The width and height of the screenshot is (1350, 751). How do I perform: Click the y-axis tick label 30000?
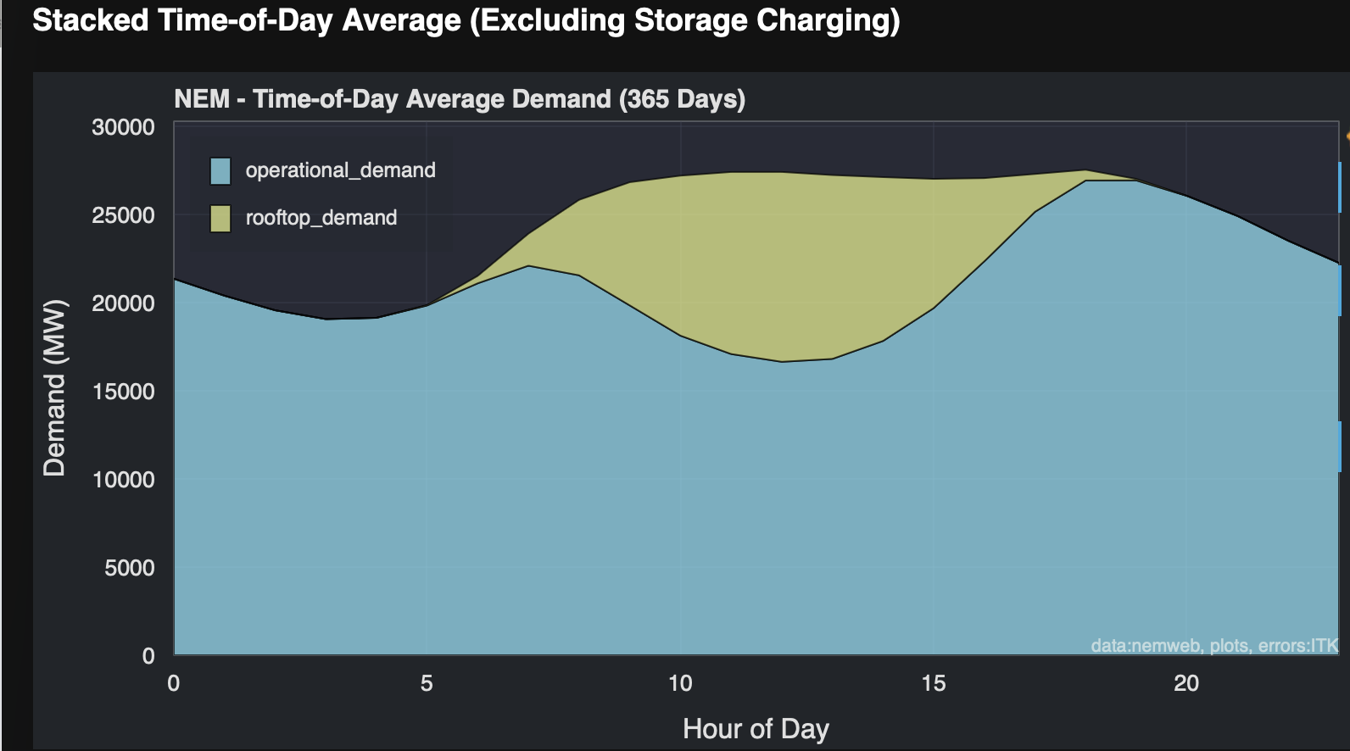123,127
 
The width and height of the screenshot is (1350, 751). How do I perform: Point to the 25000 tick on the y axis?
123,215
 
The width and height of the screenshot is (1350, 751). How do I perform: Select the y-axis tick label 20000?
123,303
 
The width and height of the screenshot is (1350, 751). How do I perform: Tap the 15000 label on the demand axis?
123,392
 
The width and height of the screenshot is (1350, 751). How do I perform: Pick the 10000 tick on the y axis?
123,480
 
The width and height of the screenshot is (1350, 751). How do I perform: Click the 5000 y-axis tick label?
129,568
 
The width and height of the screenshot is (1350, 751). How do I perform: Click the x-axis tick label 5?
427,683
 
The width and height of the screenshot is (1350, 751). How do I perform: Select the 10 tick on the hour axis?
680,683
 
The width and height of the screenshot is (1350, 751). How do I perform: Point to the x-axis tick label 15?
933,683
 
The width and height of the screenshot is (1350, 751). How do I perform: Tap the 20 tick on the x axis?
1185,683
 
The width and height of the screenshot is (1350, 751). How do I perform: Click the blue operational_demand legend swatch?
220,171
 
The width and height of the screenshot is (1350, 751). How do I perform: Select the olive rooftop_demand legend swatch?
220,219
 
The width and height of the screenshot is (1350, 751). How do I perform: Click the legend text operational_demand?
340,170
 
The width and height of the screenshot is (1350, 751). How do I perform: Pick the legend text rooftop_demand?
321,218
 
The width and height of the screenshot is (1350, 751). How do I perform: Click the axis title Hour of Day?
756,729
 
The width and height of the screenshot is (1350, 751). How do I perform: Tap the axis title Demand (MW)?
54,387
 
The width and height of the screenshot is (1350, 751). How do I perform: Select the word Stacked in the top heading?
90,20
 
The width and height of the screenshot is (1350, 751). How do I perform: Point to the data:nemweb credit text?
1145,646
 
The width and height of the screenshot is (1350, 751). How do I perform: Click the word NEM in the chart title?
202,99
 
